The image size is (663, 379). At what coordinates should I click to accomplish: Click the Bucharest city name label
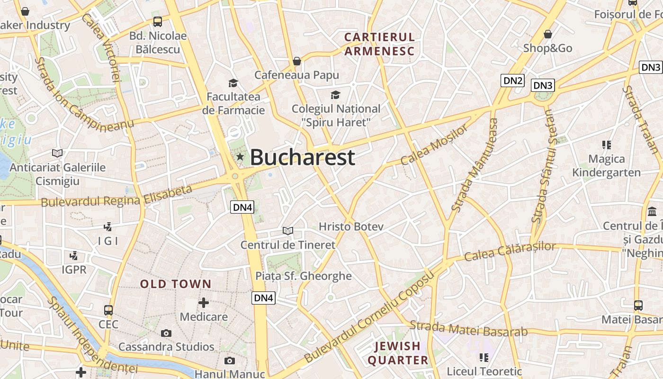tap(302, 157)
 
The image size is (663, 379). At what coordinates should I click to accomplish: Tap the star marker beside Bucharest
tap(240, 157)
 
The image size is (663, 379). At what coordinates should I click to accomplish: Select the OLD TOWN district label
tap(176, 284)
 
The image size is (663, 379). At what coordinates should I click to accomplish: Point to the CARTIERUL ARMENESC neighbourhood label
tap(379, 44)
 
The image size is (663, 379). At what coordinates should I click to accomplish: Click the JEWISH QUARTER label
tap(398, 353)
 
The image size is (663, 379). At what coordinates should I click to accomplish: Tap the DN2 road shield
tap(513, 81)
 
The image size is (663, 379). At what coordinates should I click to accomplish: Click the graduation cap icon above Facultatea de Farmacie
tap(233, 83)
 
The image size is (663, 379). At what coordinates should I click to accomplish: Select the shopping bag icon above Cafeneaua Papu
tap(297, 61)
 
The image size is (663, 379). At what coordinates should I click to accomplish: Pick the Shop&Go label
tap(547, 48)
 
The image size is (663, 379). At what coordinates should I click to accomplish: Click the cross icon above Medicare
tap(204, 302)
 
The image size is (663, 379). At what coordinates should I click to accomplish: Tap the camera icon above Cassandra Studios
tap(166, 333)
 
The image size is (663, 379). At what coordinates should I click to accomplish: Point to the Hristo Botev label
tap(351, 226)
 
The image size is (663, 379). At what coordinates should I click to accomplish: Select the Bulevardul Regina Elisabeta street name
tap(116, 196)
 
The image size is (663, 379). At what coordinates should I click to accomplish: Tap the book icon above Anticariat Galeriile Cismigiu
tap(57, 153)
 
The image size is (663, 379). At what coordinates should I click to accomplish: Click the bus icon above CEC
tap(108, 310)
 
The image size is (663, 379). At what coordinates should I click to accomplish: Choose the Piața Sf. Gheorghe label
tap(304, 276)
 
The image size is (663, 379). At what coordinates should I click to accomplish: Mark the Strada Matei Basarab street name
tap(468, 328)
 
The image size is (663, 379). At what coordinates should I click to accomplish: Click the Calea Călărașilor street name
tap(510, 252)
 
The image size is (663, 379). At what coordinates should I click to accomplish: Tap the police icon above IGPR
tap(74, 256)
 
